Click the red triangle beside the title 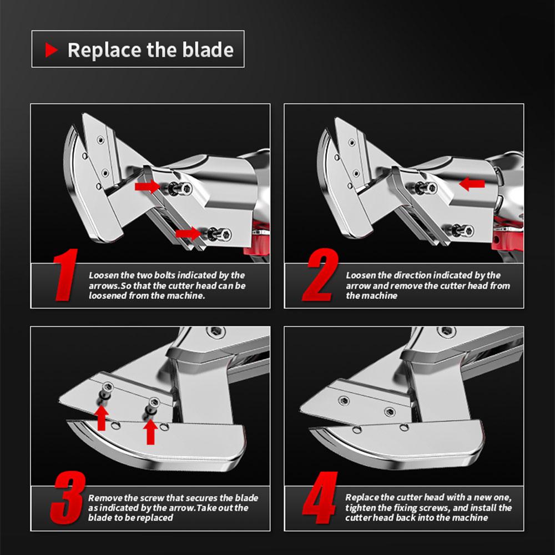click(x=51, y=50)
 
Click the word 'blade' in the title click(x=208, y=49)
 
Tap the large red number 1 click(x=65, y=275)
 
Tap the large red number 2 click(x=320, y=275)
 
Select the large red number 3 click(x=67, y=498)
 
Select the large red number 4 click(x=320, y=498)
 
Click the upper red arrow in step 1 click(x=147, y=186)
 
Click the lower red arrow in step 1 click(x=188, y=233)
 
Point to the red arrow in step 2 click(x=472, y=184)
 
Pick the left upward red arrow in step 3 click(x=102, y=418)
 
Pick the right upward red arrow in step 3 click(x=150, y=432)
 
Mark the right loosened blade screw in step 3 click(x=153, y=406)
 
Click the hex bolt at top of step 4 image click(x=446, y=331)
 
